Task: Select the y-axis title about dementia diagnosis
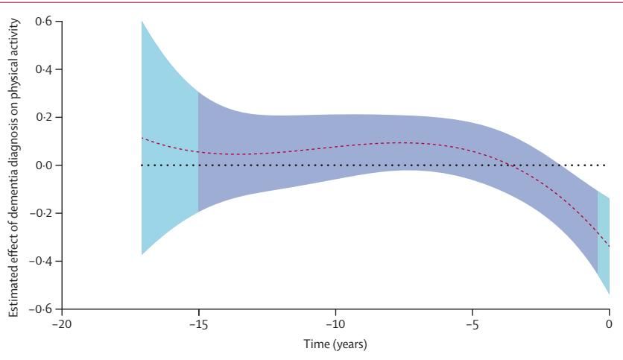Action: (14, 165)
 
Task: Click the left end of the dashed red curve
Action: (142, 138)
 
